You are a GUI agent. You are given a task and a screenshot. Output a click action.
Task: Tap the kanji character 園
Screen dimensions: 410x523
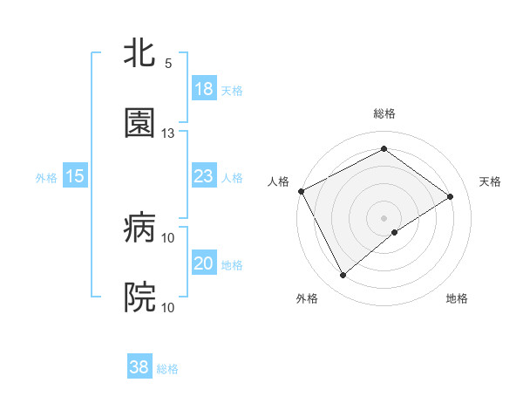(139, 123)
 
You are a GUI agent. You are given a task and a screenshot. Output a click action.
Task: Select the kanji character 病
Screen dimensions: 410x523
(139, 228)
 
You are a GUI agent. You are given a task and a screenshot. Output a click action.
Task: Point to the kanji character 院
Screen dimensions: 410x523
(139, 297)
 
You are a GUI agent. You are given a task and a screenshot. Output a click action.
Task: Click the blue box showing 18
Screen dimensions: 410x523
(204, 89)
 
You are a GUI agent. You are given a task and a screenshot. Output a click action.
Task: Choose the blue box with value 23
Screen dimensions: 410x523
(204, 176)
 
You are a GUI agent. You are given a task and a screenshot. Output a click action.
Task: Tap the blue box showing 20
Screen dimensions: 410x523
(204, 263)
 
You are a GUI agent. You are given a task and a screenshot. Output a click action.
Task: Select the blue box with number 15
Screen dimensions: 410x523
(75, 176)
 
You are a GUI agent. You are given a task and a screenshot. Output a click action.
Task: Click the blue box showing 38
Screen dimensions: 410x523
(139, 367)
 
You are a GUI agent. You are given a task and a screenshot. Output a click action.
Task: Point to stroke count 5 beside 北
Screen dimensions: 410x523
(168, 64)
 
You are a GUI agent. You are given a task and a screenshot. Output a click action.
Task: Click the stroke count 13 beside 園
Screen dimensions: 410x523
(168, 133)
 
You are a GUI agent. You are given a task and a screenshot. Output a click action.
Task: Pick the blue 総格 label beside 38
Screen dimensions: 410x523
(167, 369)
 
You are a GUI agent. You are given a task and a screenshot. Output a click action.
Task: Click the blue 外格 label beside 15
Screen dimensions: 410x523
(46, 177)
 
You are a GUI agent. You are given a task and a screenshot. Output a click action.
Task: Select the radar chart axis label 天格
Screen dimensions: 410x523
(490, 181)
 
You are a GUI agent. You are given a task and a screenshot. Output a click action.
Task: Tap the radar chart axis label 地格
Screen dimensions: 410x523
(457, 298)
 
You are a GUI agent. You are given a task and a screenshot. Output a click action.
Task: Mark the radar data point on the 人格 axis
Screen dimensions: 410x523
(301, 191)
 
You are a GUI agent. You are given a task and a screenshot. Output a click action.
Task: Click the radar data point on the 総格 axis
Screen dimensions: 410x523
(384, 149)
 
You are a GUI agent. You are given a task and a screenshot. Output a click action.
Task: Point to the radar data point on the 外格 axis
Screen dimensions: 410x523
(343, 276)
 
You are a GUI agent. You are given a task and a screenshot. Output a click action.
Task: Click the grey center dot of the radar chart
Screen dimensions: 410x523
(384, 217)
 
